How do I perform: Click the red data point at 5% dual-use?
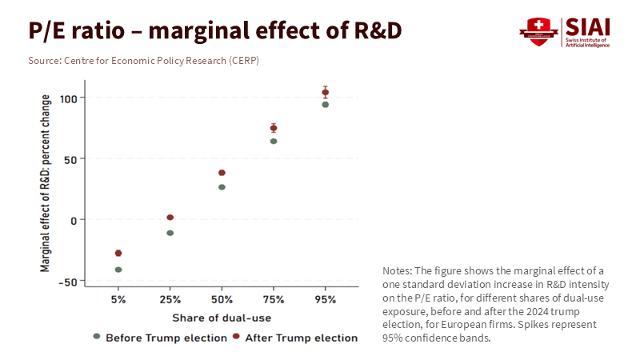point(118,253)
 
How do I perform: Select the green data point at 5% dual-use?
point(118,270)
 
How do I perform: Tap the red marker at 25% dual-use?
point(170,218)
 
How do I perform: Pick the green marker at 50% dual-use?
point(222,187)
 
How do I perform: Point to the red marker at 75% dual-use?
point(274,128)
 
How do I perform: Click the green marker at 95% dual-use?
point(325,105)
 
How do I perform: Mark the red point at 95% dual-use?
point(325,92)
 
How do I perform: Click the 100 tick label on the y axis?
point(73,98)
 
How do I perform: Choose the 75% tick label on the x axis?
point(274,299)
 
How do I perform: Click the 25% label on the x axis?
point(170,299)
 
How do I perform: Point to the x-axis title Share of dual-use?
point(222,318)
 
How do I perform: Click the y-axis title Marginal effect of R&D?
point(46,183)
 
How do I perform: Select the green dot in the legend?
point(97,337)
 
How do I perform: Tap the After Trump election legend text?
point(301,338)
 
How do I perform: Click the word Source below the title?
point(46,61)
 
